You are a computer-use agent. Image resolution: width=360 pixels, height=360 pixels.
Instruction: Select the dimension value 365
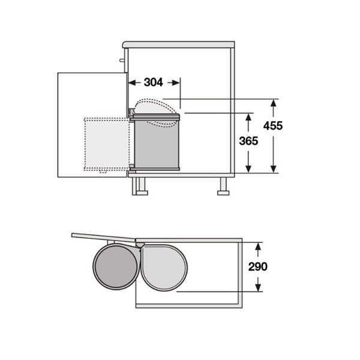pos(248,142)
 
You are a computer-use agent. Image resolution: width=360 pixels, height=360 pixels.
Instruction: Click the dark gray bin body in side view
pos(156,144)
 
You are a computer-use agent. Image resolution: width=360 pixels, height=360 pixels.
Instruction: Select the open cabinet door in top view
pos(102,236)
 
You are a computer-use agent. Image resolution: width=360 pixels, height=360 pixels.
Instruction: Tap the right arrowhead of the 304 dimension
pos(177,82)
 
